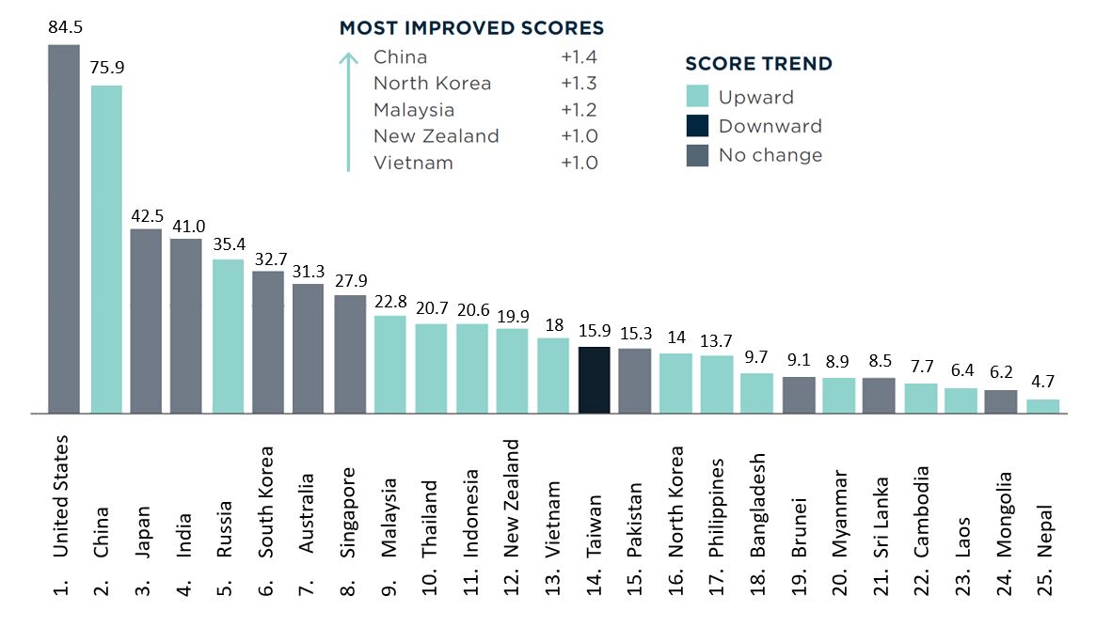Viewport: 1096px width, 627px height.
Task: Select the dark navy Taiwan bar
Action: click(595, 380)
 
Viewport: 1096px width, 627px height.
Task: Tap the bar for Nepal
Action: click(1042, 406)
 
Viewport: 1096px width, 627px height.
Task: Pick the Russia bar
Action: click(229, 336)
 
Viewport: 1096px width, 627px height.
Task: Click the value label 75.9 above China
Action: click(106, 68)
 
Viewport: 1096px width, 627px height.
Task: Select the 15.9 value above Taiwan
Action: click(595, 330)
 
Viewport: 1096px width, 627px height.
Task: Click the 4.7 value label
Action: click(1042, 383)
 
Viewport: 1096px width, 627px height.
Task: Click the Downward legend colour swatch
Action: click(697, 126)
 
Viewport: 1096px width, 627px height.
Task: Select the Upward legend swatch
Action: click(697, 97)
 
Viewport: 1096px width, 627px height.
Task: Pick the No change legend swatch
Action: click(697, 155)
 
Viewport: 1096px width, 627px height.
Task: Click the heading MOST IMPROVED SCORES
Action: click(471, 28)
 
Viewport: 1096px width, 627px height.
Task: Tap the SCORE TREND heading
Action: click(758, 64)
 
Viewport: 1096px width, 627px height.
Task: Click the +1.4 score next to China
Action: click(579, 57)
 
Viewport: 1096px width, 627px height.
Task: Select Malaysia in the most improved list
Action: click(414, 110)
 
